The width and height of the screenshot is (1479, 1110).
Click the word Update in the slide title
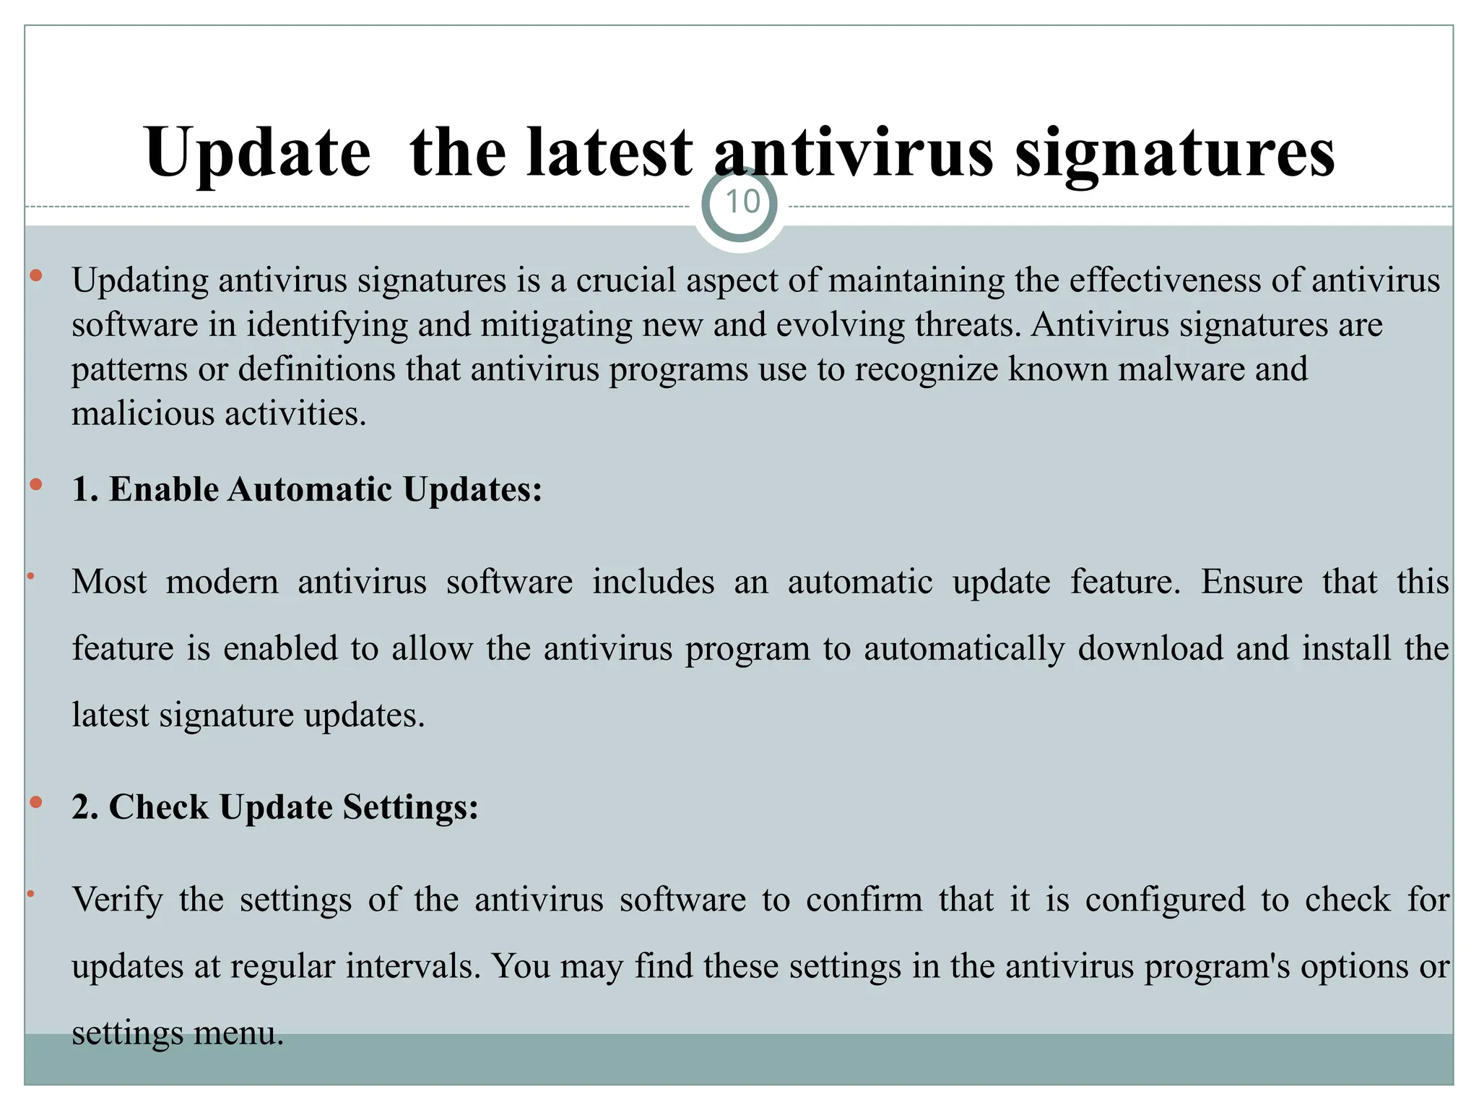coord(257,153)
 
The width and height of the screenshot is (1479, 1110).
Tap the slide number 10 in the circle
coord(742,203)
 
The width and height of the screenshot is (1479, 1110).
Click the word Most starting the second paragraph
coord(109,582)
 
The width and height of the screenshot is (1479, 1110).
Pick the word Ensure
coord(1252,582)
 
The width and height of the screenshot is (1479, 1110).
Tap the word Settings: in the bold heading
coord(410,807)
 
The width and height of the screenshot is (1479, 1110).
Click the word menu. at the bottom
coord(238,1033)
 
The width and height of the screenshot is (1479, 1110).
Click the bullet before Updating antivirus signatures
coord(36,275)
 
